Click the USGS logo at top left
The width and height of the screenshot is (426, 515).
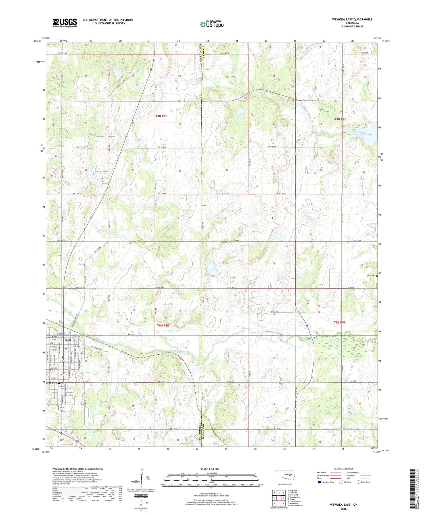coord(65,23)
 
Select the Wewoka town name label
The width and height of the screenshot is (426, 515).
coord(55,383)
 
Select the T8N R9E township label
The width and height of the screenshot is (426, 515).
coord(340,322)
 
